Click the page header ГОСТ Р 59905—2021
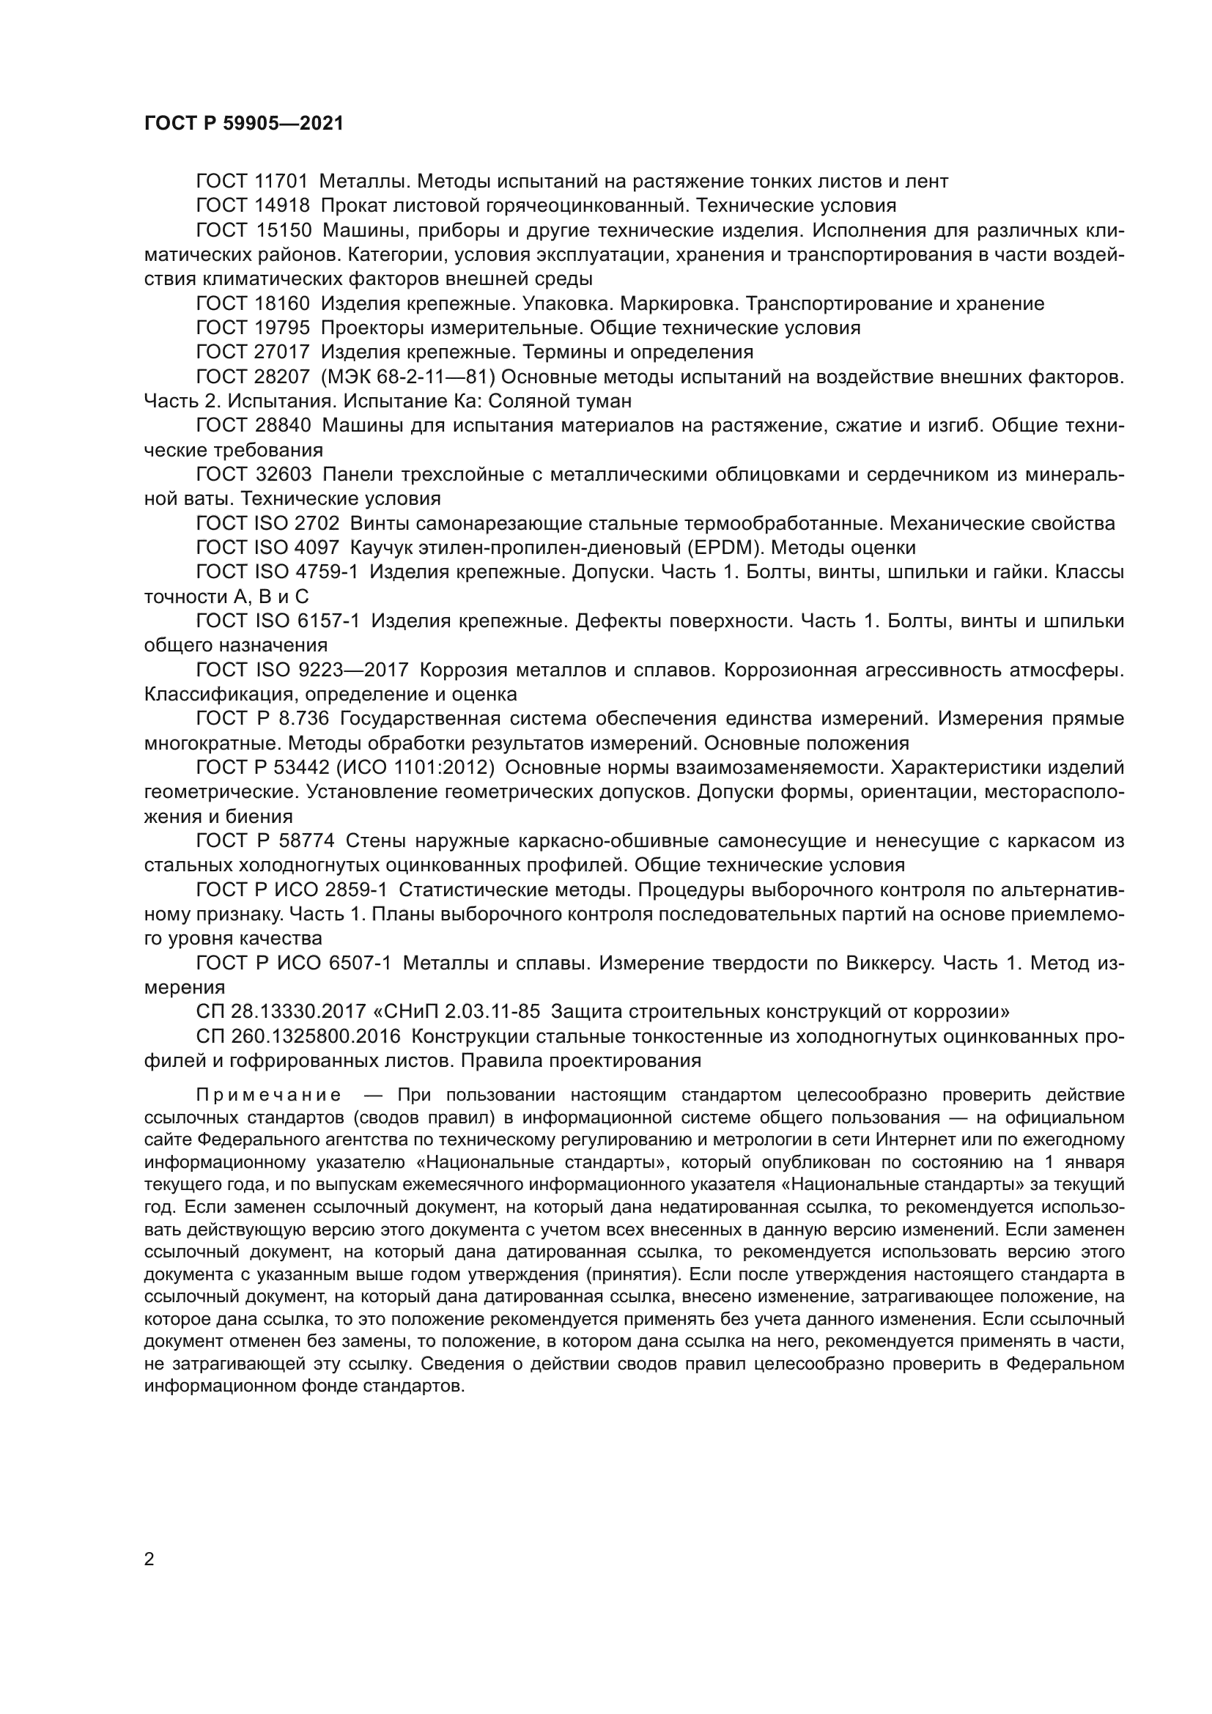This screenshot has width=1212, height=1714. pyautogui.click(x=243, y=123)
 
